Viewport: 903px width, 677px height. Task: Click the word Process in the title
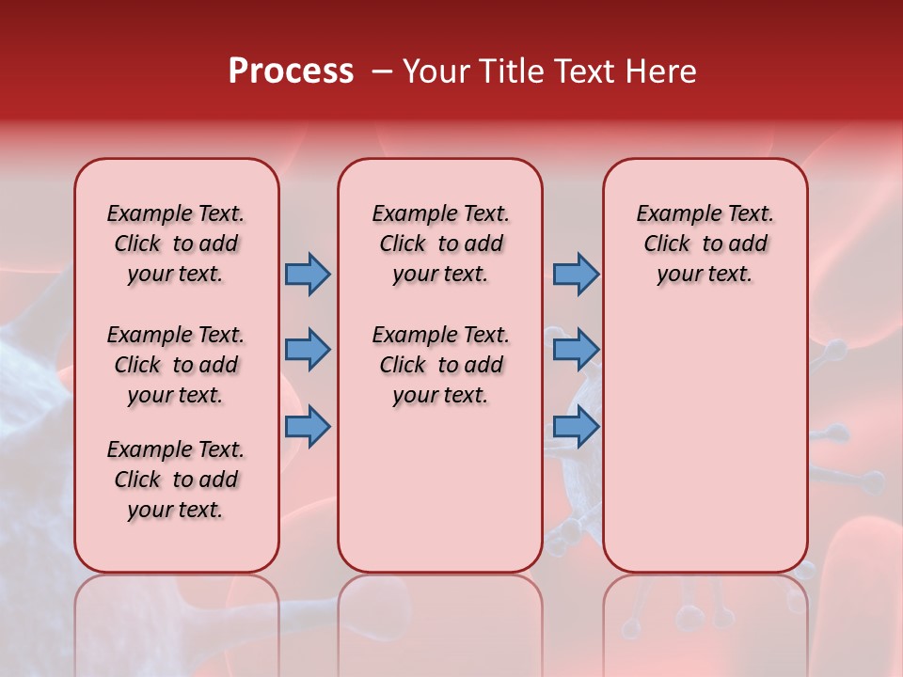tap(291, 71)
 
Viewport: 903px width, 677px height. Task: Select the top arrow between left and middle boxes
tap(308, 274)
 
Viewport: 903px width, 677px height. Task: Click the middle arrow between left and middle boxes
tap(308, 350)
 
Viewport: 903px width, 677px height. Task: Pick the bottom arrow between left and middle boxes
tap(308, 427)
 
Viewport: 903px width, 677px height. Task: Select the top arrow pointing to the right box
tap(576, 274)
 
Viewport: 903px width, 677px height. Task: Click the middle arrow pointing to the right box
tap(576, 350)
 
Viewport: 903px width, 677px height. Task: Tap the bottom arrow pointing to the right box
tap(576, 427)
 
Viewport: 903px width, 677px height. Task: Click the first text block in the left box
tap(176, 244)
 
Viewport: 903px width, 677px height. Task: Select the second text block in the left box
tap(176, 365)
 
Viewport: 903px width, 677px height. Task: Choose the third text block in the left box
tap(176, 480)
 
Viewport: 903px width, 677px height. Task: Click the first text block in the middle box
tap(441, 244)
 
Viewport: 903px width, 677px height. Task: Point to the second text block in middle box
tap(441, 365)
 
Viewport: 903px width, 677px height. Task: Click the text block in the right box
tap(705, 244)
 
